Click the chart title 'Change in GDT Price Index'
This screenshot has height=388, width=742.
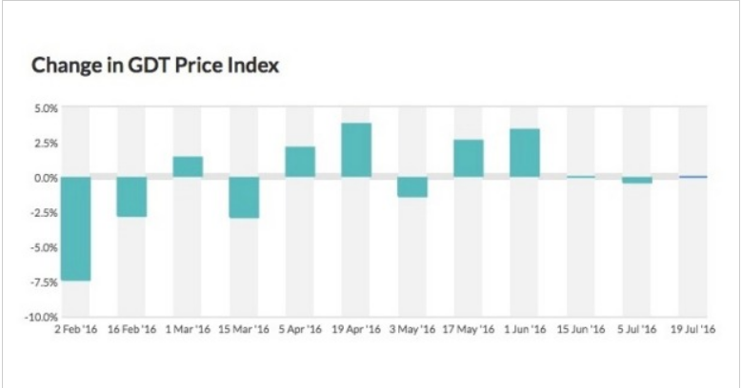[154, 66]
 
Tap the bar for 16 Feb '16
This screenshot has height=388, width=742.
[131, 197]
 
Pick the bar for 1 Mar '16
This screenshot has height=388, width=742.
[188, 166]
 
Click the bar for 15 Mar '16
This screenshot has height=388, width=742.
[244, 198]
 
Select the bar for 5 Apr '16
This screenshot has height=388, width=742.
[300, 162]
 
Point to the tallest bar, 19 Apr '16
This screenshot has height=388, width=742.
[356, 150]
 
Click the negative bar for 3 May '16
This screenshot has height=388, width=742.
[412, 187]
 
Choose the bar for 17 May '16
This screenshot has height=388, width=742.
[469, 158]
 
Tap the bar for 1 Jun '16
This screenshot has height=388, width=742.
[525, 152]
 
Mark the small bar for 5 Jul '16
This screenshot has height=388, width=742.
[637, 181]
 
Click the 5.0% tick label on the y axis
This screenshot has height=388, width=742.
[47, 108]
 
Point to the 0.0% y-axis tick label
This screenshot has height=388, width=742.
[47, 178]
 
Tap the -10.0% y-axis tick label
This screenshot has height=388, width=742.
[43, 317]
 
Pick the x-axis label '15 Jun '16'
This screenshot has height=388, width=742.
[581, 330]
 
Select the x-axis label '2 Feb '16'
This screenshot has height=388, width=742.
[75, 330]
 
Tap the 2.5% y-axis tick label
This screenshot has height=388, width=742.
[47, 144]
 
